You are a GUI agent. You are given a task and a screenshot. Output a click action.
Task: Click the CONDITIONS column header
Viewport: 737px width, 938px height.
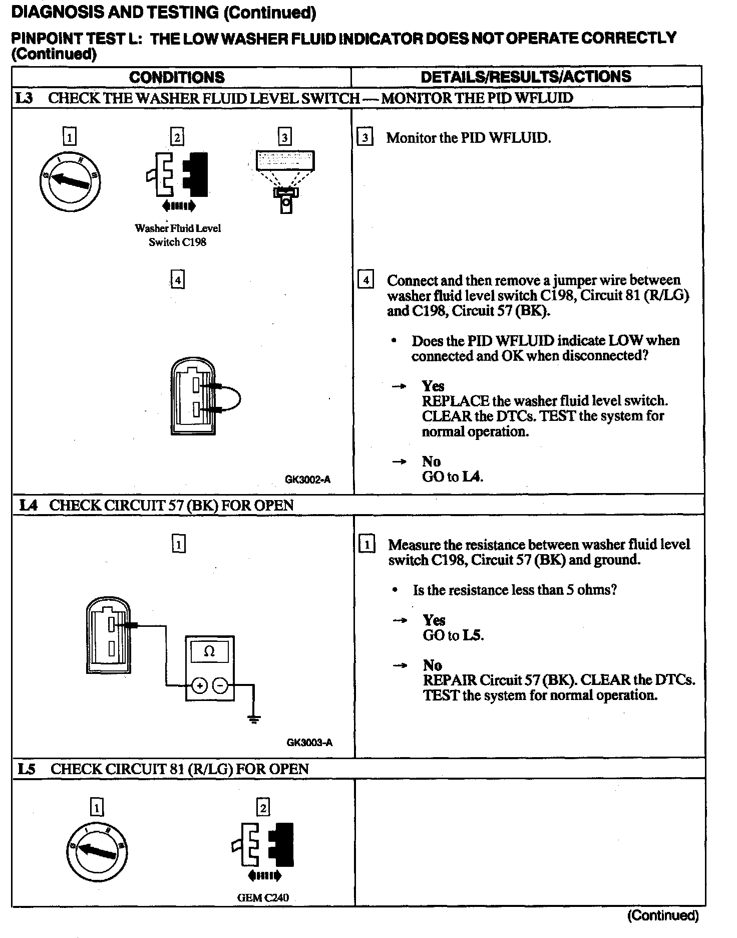coord(177,77)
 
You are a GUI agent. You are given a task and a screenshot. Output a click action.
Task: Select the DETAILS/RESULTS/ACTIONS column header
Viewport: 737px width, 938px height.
coord(526,77)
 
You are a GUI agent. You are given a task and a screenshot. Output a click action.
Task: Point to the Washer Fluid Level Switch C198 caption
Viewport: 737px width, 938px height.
coord(178,235)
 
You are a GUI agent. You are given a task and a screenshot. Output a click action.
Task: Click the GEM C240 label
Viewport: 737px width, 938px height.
coord(263,897)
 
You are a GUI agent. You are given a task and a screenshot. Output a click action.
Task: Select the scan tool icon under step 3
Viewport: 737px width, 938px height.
coord(285,180)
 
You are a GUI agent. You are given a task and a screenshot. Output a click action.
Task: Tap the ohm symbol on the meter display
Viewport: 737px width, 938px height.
coord(210,651)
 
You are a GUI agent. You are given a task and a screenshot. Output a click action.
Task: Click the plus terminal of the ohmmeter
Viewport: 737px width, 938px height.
coord(199,685)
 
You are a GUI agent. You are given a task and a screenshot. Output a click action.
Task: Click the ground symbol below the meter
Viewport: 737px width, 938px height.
coord(254,720)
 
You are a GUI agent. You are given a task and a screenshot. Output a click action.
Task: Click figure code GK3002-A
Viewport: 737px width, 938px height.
coord(307,480)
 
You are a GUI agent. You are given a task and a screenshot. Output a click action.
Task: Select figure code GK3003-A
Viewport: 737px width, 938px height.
coord(309,742)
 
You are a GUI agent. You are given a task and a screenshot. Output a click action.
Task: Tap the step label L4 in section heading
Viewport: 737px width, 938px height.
coord(28,505)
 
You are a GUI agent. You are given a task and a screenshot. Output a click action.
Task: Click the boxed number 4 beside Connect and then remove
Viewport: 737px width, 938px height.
coord(366,280)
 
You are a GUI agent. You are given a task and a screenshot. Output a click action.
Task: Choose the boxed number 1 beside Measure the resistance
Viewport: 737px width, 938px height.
coord(367,544)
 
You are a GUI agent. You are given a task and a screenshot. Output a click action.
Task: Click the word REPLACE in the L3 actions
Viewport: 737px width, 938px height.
coord(455,401)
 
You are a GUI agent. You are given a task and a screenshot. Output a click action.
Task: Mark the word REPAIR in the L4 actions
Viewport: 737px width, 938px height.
coord(450,680)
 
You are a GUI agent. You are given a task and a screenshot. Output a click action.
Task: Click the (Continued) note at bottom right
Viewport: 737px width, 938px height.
coord(662,915)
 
